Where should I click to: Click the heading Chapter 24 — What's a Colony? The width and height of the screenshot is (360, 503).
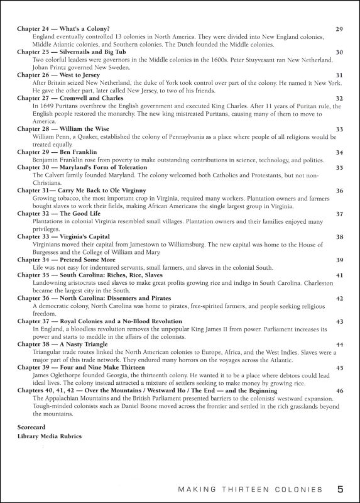tap(63, 29)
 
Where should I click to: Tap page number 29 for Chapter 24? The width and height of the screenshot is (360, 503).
tap(339, 29)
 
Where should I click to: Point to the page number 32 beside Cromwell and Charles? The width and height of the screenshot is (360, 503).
tap(339, 98)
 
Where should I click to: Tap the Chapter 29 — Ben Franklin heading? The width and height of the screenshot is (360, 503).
tap(57, 152)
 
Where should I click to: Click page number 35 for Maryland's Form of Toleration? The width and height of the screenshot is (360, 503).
tap(339, 167)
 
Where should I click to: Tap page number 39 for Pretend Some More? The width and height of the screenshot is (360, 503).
tap(339, 260)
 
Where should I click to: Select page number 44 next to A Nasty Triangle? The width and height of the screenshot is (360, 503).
tap(339, 345)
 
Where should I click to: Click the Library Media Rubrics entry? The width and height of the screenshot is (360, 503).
tap(50, 436)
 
